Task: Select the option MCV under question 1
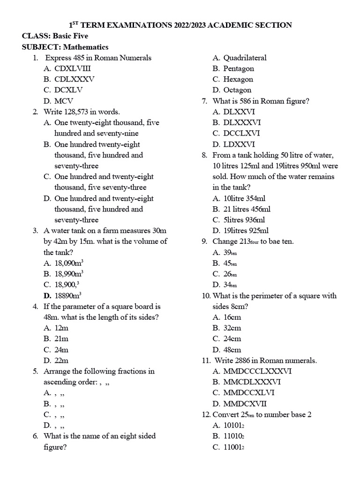pos(64,101)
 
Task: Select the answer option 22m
pos(61,360)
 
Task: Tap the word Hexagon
pos(238,79)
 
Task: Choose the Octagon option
pos(237,90)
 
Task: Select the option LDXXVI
pos(239,144)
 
